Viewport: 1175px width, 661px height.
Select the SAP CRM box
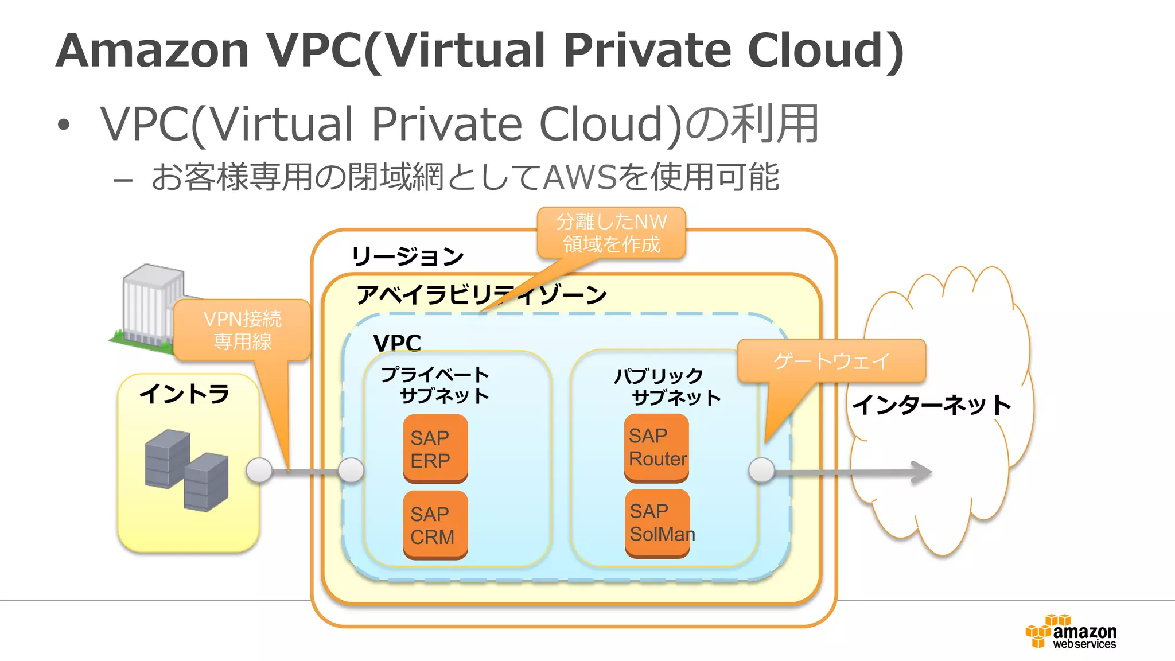pyautogui.click(x=435, y=524)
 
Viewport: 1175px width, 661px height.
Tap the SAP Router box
pyautogui.click(x=656, y=448)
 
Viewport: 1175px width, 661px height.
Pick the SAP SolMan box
pyautogui.click(x=657, y=523)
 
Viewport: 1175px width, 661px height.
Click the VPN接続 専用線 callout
pyautogui.click(x=242, y=330)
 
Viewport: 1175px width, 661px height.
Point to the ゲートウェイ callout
pyautogui.click(x=831, y=361)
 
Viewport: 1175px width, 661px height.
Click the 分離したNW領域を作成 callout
pyautogui.click(x=612, y=233)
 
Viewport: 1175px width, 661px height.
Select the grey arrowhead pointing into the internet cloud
pyautogui.click(x=921, y=472)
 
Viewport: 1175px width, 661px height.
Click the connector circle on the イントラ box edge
pyautogui.click(x=259, y=471)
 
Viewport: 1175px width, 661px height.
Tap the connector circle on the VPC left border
pyautogui.click(x=351, y=471)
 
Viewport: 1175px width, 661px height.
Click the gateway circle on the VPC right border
pyautogui.click(x=762, y=471)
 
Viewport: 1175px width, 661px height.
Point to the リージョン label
pyautogui.click(x=407, y=256)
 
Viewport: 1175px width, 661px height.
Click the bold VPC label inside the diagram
pyautogui.click(x=397, y=343)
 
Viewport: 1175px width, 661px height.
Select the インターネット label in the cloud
pyautogui.click(x=932, y=405)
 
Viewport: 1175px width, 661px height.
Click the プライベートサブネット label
pyautogui.click(x=436, y=385)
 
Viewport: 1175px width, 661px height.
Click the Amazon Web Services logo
pyautogui.click(x=1071, y=632)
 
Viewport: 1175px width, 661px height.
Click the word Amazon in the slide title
pyautogui.click(x=153, y=50)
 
